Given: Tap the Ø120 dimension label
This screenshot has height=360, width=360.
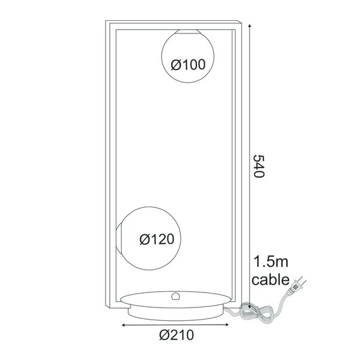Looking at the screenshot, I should coord(155,239).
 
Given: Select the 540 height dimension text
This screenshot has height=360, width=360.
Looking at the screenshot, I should coord(257,166).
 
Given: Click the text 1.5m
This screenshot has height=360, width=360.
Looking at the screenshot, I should coord(270,261).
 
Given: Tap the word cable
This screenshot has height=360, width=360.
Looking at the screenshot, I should coord(270,279).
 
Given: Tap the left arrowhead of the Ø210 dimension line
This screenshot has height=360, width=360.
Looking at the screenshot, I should coord(123,326).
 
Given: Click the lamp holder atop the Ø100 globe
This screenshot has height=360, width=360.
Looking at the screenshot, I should coord(188,31).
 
